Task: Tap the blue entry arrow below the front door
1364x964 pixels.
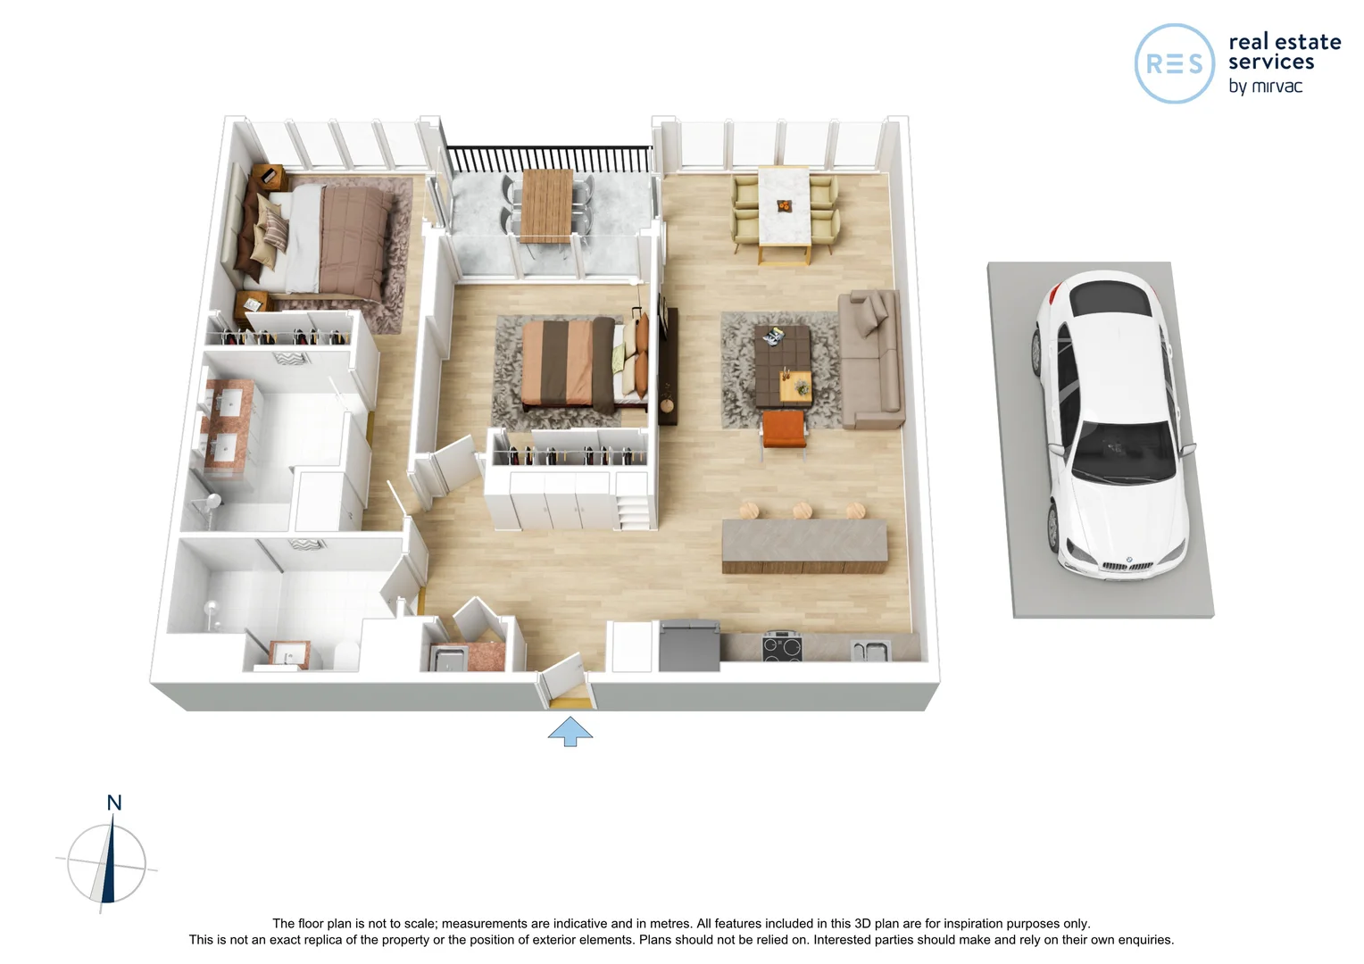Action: pyautogui.click(x=570, y=732)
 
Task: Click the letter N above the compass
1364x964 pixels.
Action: pyautogui.click(x=114, y=802)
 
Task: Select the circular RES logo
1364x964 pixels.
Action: pyautogui.click(x=1174, y=63)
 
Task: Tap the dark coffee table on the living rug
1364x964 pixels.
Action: pyautogui.click(x=782, y=366)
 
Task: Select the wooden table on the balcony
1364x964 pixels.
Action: pyautogui.click(x=546, y=204)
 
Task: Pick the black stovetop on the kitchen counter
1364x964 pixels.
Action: pyautogui.click(x=781, y=646)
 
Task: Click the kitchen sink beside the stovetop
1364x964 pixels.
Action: pyautogui.click(x=869, y=651)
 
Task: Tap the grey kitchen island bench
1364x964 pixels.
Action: pyautogui.click(x=804, y=544)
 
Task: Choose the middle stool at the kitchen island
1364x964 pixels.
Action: pyautogui.click(x=802, y=510)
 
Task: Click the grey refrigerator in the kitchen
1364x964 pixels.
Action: pyautogui.click(x=688, y=644)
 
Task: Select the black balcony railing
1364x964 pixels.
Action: pyautogui.click(x=546, y=159)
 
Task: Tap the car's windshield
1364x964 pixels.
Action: pyautogui.click(x=1122, y=451)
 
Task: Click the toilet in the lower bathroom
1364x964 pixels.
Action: pyautogui.click(x=346, y=654)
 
